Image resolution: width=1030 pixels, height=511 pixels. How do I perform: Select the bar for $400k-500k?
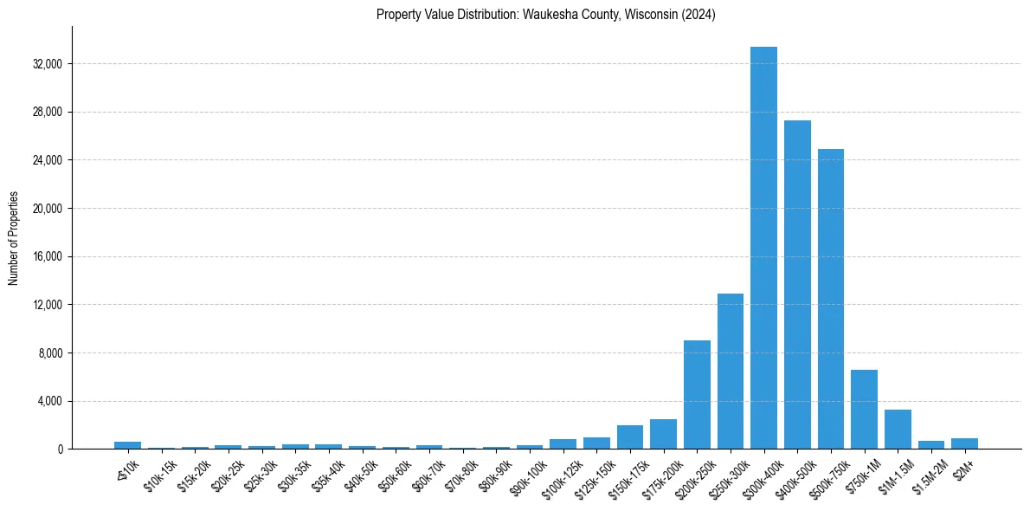(797, 285)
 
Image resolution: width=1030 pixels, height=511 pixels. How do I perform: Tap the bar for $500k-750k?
(830, 299)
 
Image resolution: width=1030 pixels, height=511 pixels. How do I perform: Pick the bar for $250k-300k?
(730, 372)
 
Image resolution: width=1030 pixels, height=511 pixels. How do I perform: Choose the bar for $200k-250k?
(697, 395)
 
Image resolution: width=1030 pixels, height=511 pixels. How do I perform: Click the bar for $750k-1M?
(864, 410)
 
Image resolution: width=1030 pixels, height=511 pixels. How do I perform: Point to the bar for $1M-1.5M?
(898, 430)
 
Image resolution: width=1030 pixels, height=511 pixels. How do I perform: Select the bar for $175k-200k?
(663, 434)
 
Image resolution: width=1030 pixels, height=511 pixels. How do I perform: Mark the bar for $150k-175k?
(629, 437)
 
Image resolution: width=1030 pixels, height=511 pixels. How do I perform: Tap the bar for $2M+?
(964, 443)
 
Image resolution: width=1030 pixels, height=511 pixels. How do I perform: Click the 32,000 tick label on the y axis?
(47, 64)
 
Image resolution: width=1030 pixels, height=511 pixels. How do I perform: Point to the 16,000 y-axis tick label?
(47, 257)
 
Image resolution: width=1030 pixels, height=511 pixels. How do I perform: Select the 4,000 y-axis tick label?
(50, 401)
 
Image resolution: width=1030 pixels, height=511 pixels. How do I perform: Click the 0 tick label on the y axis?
(60, 450)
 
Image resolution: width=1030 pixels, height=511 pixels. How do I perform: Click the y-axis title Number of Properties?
(13, 238)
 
